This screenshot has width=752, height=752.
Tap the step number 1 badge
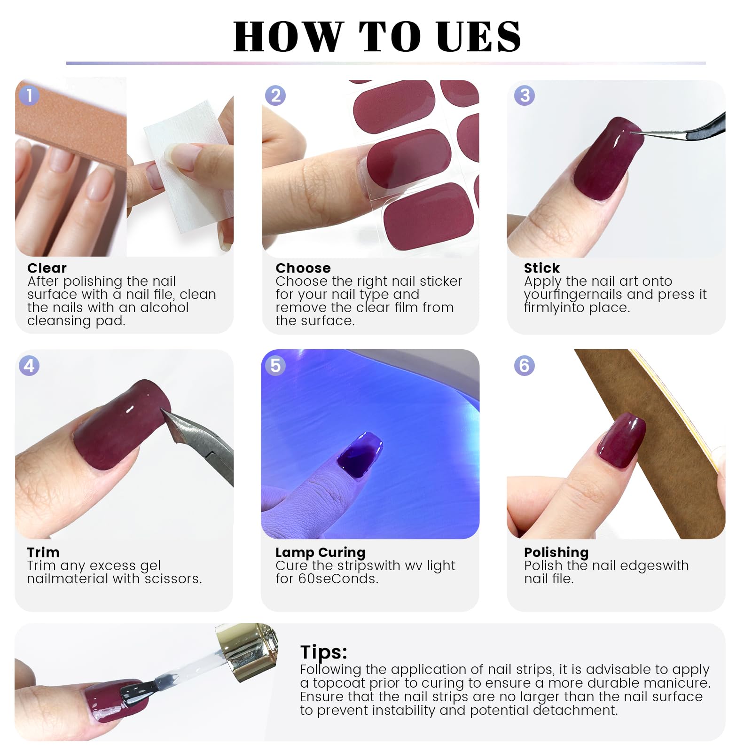tap(29, 95)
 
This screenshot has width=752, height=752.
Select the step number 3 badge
tap(525, 95)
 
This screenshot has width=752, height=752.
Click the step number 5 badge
tap(275, 366)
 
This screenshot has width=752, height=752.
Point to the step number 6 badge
tap(525, 366)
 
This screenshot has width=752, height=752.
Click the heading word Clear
tap(47, 268)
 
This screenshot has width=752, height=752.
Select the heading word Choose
tap(303, 268)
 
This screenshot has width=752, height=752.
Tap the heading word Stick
tap(542, 268)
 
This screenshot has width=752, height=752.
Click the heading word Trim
tap(43, 552)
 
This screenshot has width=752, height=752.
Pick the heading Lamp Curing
tap(320, 552)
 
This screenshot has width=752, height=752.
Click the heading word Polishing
tap(556, 552)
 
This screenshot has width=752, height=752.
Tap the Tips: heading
tap(324, 652)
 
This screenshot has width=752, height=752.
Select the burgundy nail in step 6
tap(620, 441)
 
